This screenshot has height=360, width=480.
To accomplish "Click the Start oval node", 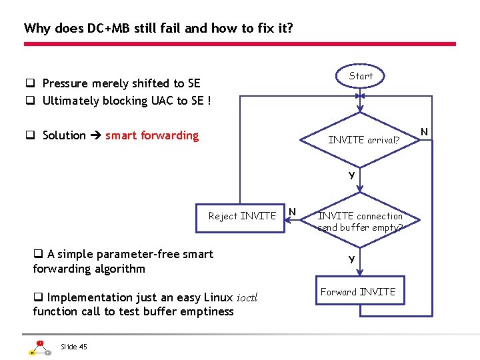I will (361, 76).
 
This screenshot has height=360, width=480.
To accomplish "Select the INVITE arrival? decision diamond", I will (363, 140).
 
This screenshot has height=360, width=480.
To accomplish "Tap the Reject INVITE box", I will (241, 215).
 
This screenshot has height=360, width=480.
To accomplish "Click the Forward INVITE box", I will (358, 292).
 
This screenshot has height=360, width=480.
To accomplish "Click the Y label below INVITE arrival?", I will (351, 176).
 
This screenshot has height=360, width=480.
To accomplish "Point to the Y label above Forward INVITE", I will (351, 259).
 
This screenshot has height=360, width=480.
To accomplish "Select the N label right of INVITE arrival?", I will (425, 129).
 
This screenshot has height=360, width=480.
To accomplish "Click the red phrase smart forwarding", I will (152, 135).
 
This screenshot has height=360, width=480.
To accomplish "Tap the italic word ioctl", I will (247, 297).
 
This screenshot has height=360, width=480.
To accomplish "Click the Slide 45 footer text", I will (73, 346).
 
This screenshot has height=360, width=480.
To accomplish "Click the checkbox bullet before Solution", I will (31, 136).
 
